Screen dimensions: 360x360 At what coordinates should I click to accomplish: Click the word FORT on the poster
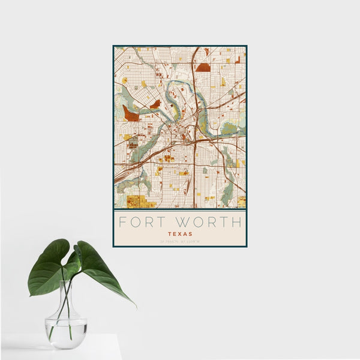coord(142,222)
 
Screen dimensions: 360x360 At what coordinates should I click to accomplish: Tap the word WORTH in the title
coord(209,222)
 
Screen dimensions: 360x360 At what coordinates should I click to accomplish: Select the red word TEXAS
coord(180,233)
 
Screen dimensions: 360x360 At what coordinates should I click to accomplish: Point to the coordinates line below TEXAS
coord(180,241)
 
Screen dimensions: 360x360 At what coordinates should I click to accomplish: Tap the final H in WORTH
coord(238,222)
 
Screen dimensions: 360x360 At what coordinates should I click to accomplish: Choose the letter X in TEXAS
coord(180,233)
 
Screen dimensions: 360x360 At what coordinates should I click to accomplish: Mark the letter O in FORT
coord(136,222)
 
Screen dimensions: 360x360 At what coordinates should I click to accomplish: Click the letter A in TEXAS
coord(185,233)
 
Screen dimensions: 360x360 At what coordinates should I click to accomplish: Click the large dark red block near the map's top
coord(203,67)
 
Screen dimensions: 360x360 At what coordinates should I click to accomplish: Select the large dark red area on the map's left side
coord(130,113)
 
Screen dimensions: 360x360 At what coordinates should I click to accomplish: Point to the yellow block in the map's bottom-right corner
coord(241,201)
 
